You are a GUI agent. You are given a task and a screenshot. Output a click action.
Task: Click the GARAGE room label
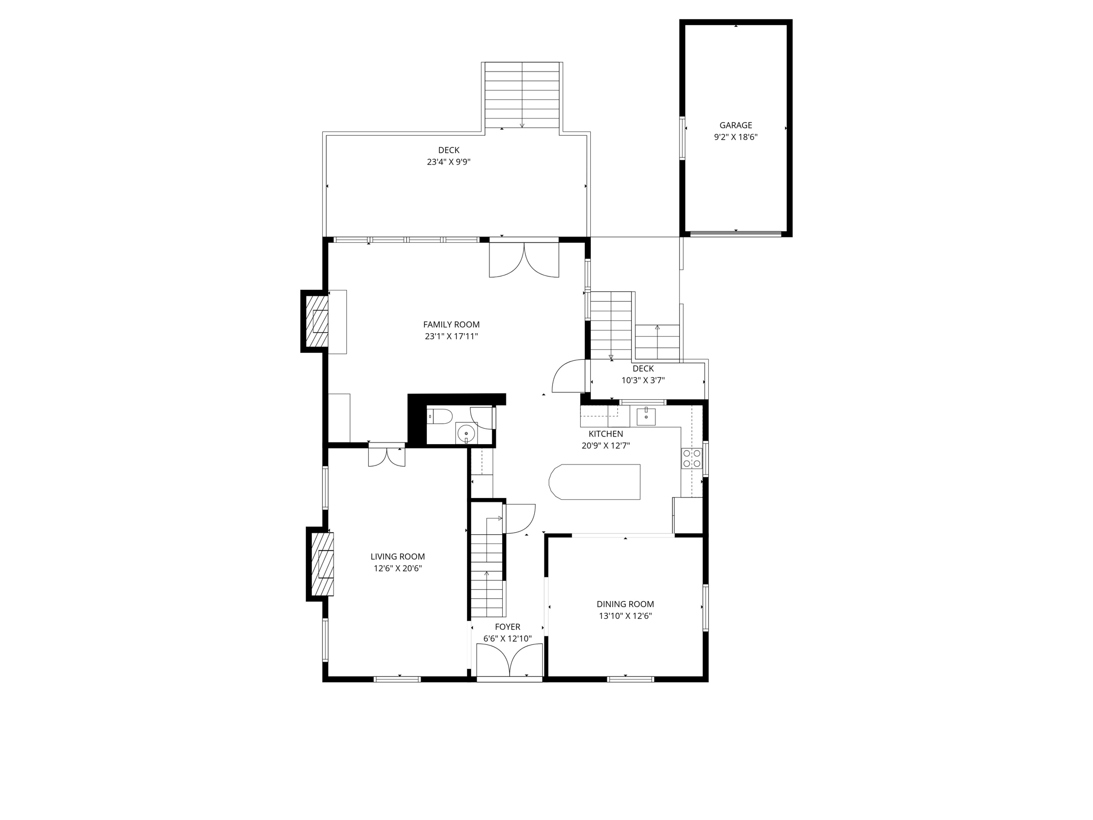point(735,125)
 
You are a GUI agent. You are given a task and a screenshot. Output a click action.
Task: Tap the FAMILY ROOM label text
point(452,325)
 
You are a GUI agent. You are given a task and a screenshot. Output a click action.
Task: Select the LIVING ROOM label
point(398,557)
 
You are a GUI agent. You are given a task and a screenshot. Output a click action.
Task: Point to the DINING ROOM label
point(625,604)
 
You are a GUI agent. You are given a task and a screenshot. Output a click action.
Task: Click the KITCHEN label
point(606,434)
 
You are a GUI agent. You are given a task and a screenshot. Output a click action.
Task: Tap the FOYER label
point(508,627)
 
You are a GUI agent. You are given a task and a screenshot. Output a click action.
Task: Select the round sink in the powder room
point(466,433)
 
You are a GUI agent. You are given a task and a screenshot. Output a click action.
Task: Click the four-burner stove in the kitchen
point(692,459)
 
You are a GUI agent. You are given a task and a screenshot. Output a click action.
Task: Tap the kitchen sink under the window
point(646,416)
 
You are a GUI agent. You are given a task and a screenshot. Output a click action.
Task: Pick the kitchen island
point(595,482)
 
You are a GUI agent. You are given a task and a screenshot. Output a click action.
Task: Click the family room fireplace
point(316,321)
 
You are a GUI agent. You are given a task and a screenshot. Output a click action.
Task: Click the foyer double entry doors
point(510,661)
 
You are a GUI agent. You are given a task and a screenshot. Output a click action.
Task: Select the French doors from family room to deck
point(524,259)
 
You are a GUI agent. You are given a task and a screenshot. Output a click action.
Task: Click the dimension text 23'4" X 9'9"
point(448,162)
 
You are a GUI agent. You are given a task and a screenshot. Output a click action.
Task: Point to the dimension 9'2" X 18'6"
point(735,137)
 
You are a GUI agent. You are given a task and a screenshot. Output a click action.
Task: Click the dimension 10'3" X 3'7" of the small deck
point(643,381)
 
